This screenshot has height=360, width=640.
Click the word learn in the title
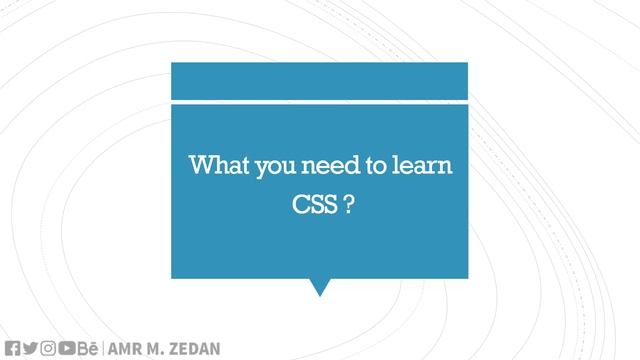[x=423, y=165]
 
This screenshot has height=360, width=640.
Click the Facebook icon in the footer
[x=12, y=348]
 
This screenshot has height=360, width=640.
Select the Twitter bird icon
[x=30, y=348]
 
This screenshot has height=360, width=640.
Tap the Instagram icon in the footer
[x=48, y=348]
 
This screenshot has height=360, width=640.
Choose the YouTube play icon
[x=67, y=348]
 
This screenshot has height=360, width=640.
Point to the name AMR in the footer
[x=125, y=349]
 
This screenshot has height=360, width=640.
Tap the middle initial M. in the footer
[x=156, y=349]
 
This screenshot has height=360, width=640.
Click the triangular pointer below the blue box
[x=319, y=286]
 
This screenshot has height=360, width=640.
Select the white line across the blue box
[x=319, y=101]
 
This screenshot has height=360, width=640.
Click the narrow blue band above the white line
[x=319, y=80]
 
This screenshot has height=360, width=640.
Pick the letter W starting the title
[x=200, y=165]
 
